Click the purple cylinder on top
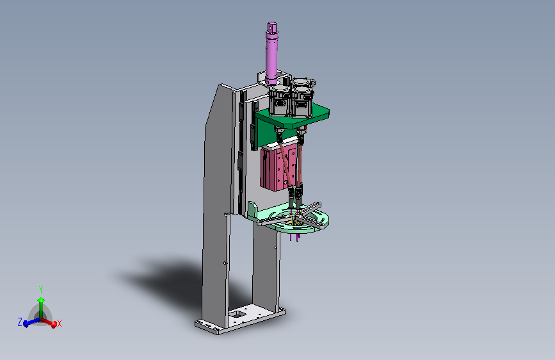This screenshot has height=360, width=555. coord(272,53)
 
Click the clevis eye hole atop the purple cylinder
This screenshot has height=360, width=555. coord(271,26)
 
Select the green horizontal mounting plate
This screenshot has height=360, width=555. coord(293,117)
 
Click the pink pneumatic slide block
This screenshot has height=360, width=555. coord(279,169)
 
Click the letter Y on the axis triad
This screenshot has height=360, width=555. coord(41,290)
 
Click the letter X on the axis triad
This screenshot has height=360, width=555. coord(59,323)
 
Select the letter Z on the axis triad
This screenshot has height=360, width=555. coord(20,322)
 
